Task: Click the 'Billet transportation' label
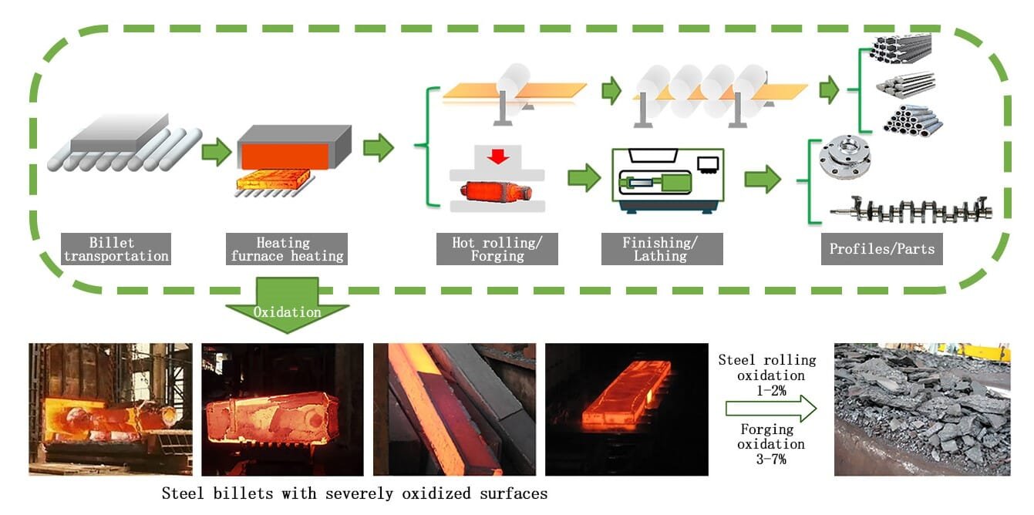pyautogui.click(x=116, y=249)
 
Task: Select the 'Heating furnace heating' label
pyautogui.click(x=287, y=249)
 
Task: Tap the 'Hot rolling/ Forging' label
pyautogui.click(x=497, y=249)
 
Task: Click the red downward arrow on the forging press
pyautogui.click(x=497, y=157)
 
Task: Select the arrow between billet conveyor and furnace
pyautogui.click(x=216, y=152)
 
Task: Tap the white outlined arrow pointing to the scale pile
pyautogui.click(x=771, y=409)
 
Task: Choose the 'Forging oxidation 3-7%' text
pyautogui.click(x=771, y=444)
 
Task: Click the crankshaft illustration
pyautogui.click(x=910, y=208)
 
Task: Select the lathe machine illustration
pyautogui.click(x=667, y=180)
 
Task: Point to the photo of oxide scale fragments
pyautogui.click(x=921, y=409)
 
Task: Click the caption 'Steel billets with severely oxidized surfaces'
pyautogui.click(x=354, y=493)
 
